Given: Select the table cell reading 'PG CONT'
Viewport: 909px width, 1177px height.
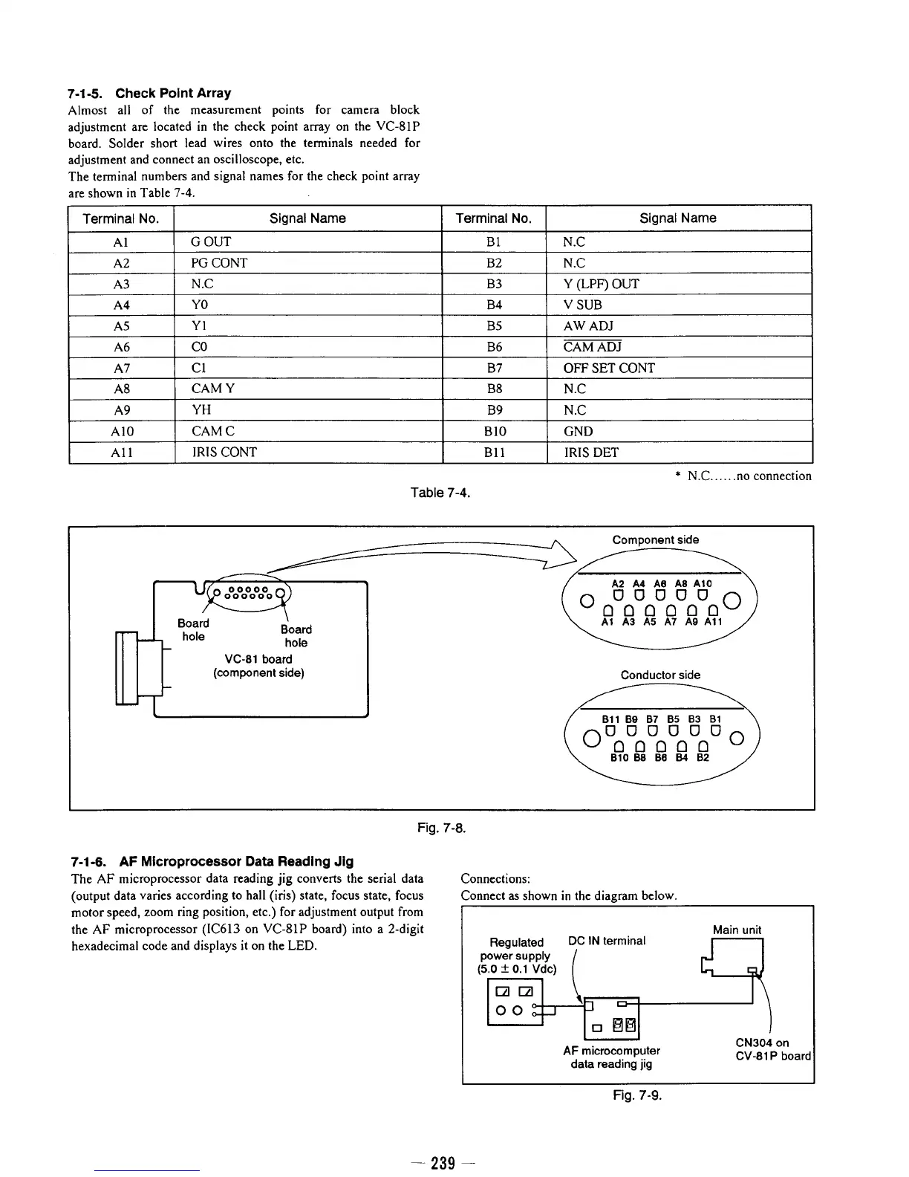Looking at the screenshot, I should [x=219, y=263].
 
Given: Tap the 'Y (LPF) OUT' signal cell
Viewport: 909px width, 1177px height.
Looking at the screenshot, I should [x=601, y=284].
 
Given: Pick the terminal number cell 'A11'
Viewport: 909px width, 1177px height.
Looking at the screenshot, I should [x=122, y=453].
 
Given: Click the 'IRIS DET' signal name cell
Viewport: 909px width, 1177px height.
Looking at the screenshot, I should [x=590, y=453].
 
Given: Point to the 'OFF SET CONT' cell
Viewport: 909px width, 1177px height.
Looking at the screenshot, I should [x=609, y=368].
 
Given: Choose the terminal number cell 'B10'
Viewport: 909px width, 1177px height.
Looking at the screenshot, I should [x=494, y=432].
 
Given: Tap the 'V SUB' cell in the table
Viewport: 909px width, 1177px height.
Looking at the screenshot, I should [x=583, y=305].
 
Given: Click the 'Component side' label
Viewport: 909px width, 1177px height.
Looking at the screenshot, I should [x=655, y=539].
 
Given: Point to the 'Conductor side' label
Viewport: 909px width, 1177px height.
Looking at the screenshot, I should [x=660, y=675].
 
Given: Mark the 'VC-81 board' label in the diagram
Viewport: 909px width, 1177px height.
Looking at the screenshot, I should [x=258, y=659].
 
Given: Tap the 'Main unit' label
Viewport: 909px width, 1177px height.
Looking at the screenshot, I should [x=737, y=930].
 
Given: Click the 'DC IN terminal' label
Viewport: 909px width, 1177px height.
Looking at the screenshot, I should [x=606, y=941].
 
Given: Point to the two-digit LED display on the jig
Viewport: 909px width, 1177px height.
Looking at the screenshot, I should [x=623, y=1027].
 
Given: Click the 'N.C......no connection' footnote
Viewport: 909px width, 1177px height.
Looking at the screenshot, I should [x=743, y=476].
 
